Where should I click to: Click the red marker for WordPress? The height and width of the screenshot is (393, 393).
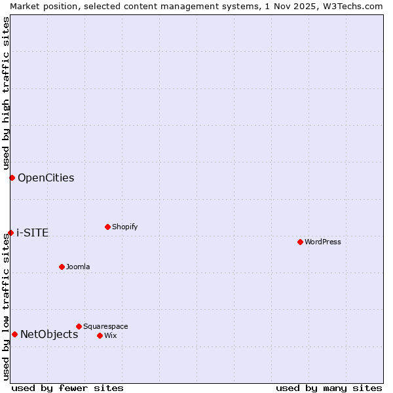[x=300, y=242]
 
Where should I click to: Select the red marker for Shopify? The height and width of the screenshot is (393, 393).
[x=107, y=227]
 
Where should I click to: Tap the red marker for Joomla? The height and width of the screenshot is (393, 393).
[x=62, y=267]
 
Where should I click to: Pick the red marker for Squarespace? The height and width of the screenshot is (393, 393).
[x=79, y=326]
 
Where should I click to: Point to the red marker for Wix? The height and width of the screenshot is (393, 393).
[x=100, y=335]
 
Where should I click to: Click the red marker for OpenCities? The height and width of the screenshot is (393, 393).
[x=12, y=178]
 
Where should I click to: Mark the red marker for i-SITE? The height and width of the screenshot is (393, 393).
[x=10, y=233]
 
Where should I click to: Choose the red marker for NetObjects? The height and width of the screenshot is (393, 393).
[x=14, y=334]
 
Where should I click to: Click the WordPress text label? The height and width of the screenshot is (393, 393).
[x=323, y=242]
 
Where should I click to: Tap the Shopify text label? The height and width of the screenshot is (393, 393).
[x=125, y=227]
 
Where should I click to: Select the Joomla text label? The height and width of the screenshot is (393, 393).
[x=78, y=267]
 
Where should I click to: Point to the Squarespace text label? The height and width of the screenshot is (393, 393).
[x=105, y=326]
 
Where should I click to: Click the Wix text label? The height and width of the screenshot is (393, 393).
[x=111, y=335]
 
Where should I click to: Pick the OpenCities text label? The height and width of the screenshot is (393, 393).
[x=46, y=178]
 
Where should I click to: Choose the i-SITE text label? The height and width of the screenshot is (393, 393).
[x=32, y=233]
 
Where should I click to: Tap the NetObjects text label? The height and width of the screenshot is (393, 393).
[x=49, y=334]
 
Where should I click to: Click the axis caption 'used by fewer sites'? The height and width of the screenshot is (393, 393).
[x=67, y=388]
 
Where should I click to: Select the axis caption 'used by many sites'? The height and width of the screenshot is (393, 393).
[x=329, y=388]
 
